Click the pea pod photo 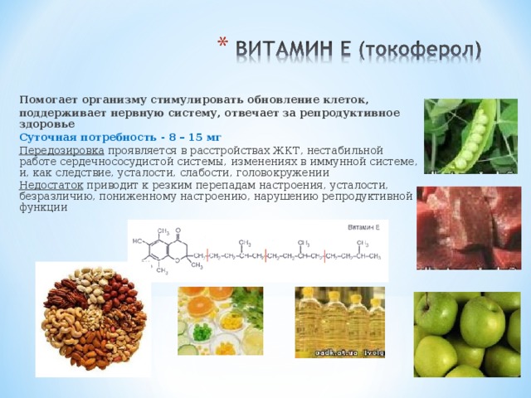click(470, 136)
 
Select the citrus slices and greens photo click(219, 321)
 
